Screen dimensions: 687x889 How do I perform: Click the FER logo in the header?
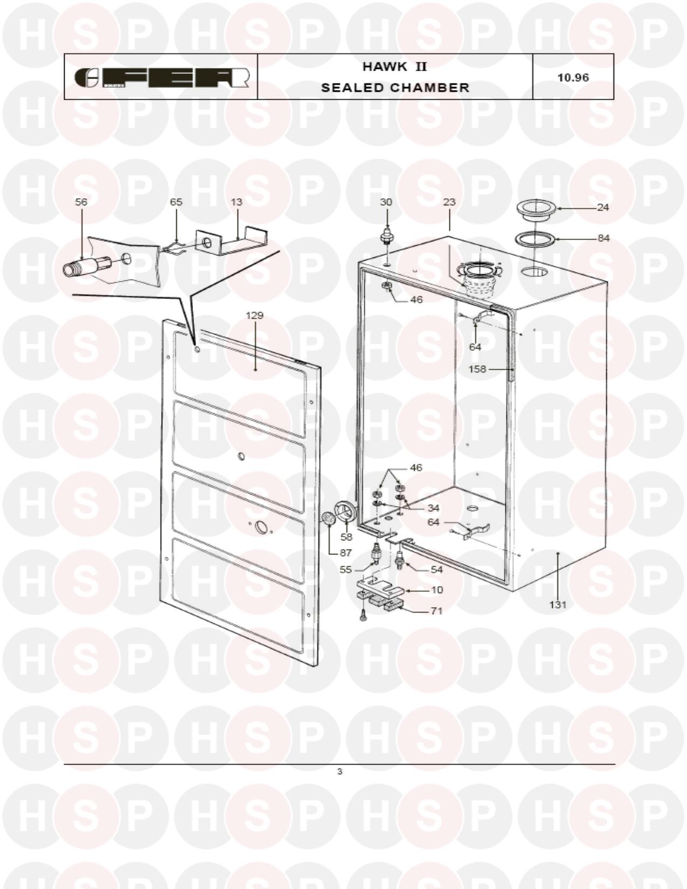click(162, 78)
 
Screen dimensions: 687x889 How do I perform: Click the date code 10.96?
click(573, 78)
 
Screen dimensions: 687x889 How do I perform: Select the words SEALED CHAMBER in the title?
click(395, 87)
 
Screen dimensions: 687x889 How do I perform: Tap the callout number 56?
click(81, 202)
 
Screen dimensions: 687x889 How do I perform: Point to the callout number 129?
click(254, 315)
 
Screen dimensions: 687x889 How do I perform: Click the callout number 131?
click(558, 605)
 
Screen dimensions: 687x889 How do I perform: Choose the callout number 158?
click(477, 369)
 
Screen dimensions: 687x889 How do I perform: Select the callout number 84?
click(603, 238)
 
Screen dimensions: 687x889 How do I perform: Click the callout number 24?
click(603, 207)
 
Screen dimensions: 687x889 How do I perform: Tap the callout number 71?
click(436, 611)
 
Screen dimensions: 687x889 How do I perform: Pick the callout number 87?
click(346, 553)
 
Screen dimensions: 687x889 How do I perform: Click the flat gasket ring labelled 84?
click(535, 238)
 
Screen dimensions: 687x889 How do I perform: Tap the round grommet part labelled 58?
click(346, 511)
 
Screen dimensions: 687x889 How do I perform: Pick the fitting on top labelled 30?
click(386, 237)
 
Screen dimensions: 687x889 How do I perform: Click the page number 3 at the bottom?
click(339, 772)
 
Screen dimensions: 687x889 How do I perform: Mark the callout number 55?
click(346, 569)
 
